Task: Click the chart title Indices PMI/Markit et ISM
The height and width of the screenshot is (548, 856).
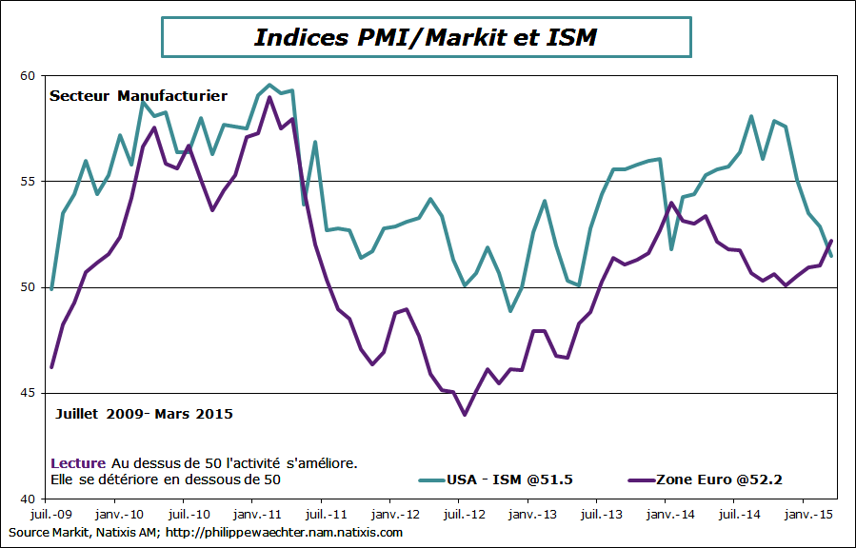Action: (426, 37)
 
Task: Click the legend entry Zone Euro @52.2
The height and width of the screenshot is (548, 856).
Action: (719, 479)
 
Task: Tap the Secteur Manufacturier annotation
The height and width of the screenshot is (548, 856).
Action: (138, 96)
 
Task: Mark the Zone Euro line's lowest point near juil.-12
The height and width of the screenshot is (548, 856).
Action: (465, 415)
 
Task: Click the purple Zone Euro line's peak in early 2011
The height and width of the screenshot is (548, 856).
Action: (269, 97)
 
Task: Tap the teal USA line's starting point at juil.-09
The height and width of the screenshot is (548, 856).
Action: (51, 288)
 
